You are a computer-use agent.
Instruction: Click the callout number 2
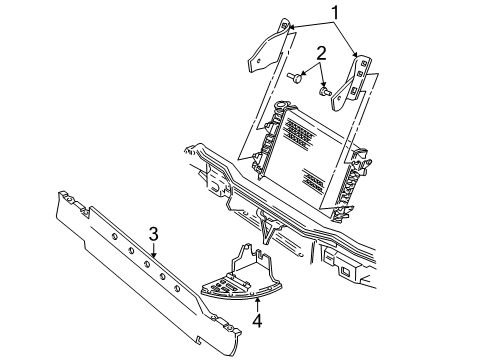click(x=321, y=54)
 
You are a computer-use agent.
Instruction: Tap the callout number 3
click(x=154, y=234)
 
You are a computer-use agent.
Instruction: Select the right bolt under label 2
click(x=326, y=93)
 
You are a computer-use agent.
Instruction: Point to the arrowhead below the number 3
click(x=153, y=253)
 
